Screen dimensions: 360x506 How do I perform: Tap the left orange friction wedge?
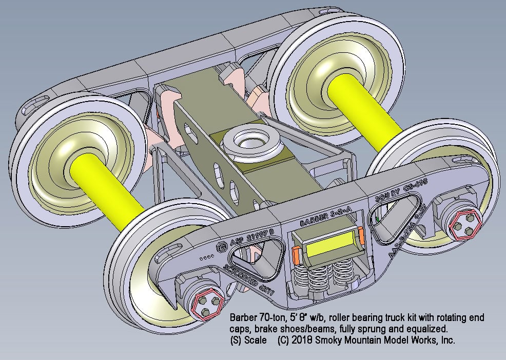[296, 252]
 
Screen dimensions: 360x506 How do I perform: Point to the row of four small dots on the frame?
[207, 255]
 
